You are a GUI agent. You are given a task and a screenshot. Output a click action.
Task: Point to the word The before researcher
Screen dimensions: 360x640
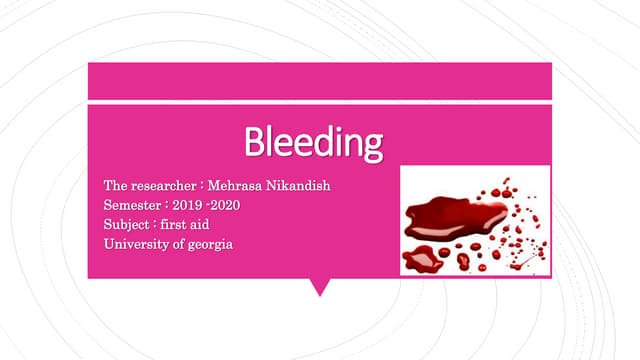pos(116,186)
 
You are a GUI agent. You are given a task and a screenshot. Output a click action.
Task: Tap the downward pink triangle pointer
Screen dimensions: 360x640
pos(320,287)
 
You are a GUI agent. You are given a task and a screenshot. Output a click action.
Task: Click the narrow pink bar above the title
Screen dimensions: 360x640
pos(320,80)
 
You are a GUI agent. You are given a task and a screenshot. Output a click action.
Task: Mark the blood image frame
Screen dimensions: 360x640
pos(475,220)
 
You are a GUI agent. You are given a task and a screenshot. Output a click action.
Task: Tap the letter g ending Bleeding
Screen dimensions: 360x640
pos(372,148)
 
